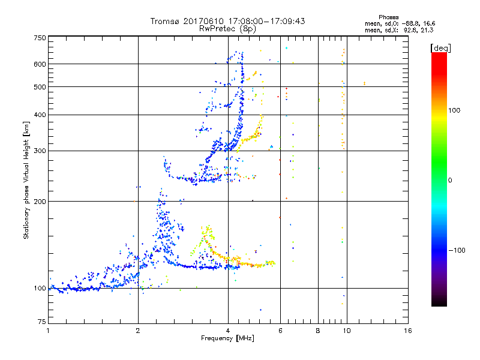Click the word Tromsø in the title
[x=165, y=21]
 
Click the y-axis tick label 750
[x=40, y=38]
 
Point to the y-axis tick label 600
[x=40, y=64]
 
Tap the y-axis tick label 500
[x=40, y=87]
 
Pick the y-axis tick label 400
[x=40, y=115]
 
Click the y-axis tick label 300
[x=40, y=151]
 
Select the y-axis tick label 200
[x=40, y=202]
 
